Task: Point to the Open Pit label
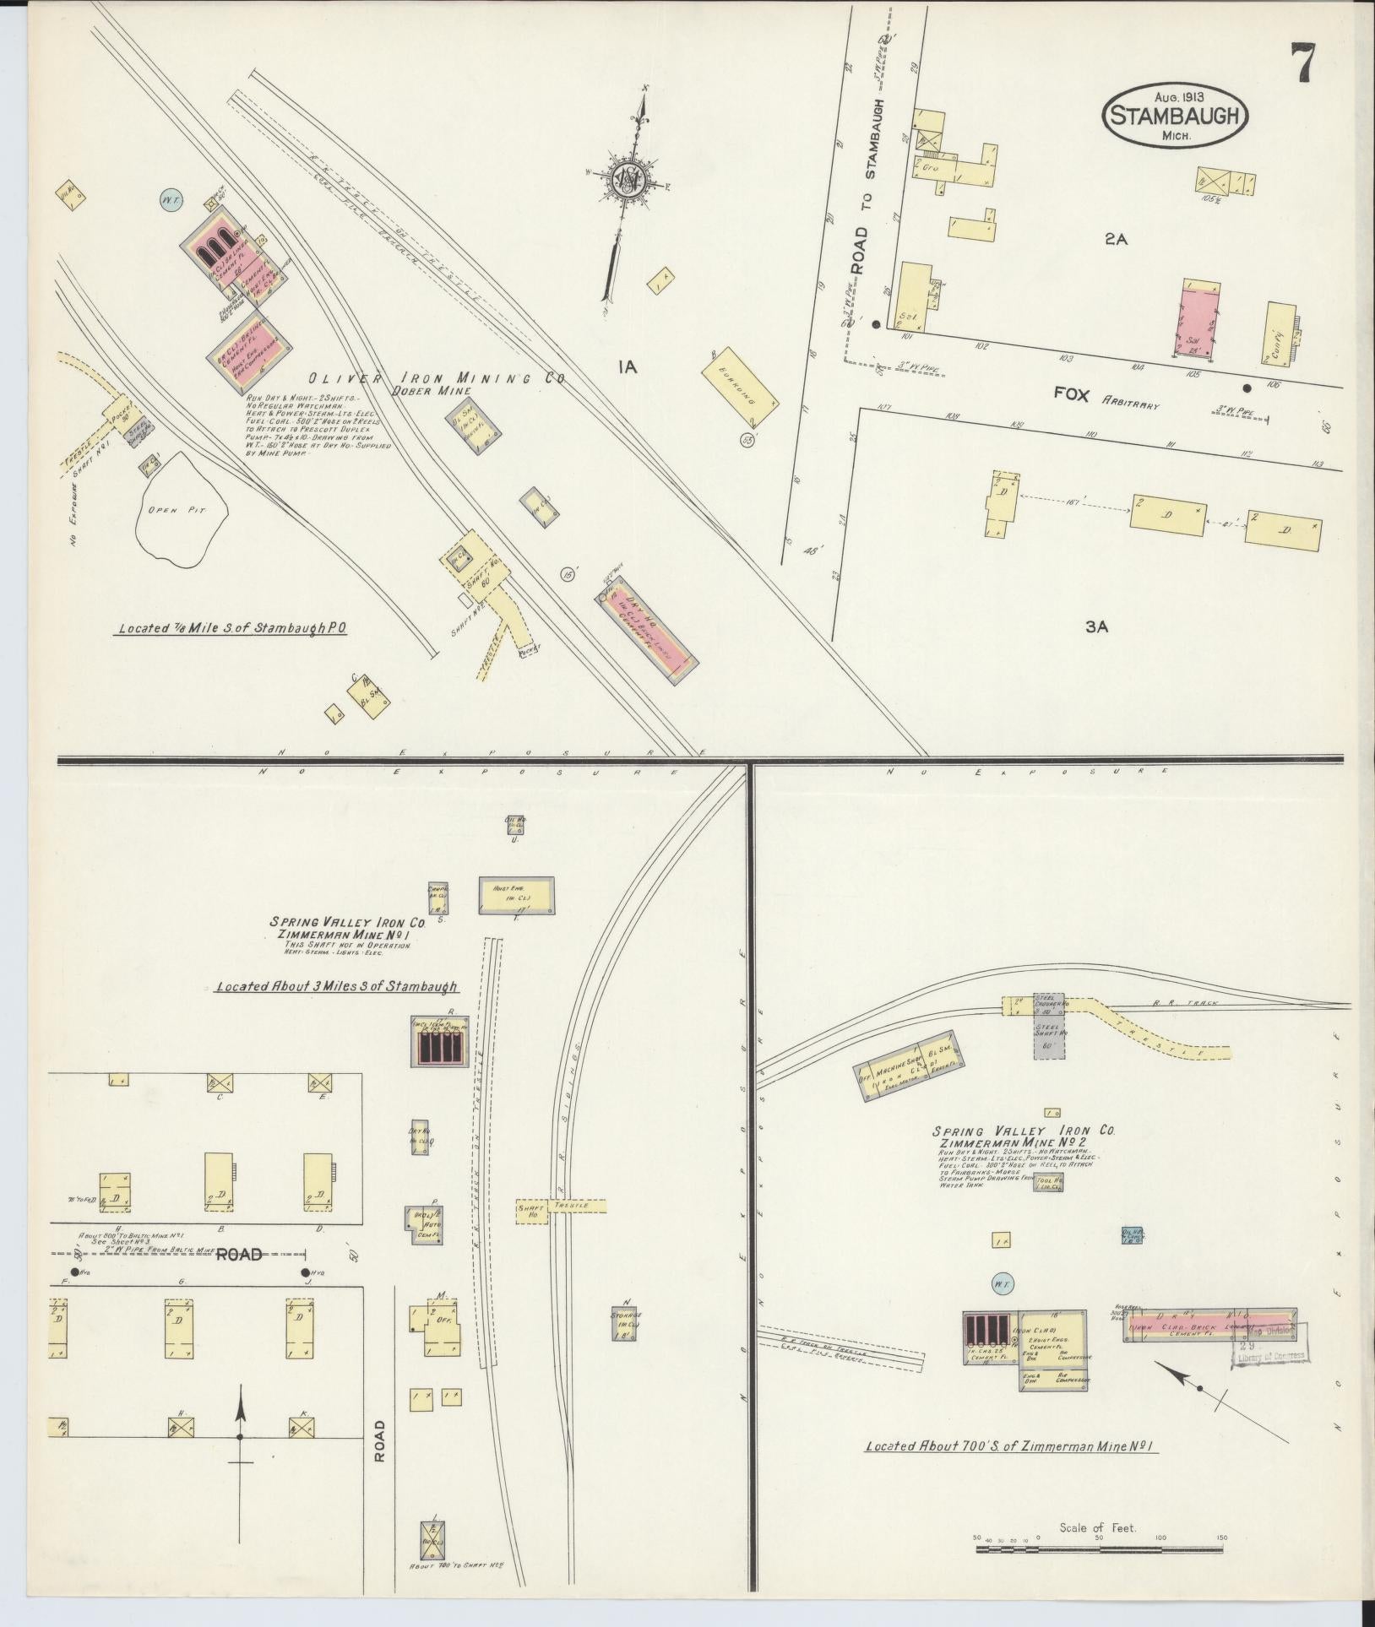[177, 510]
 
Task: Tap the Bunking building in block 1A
[740, 388]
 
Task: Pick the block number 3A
[1096, 626]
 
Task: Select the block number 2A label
[1116, 240]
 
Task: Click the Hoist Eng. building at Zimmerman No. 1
[517, 896]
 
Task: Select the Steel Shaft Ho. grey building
[1049, 1039]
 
